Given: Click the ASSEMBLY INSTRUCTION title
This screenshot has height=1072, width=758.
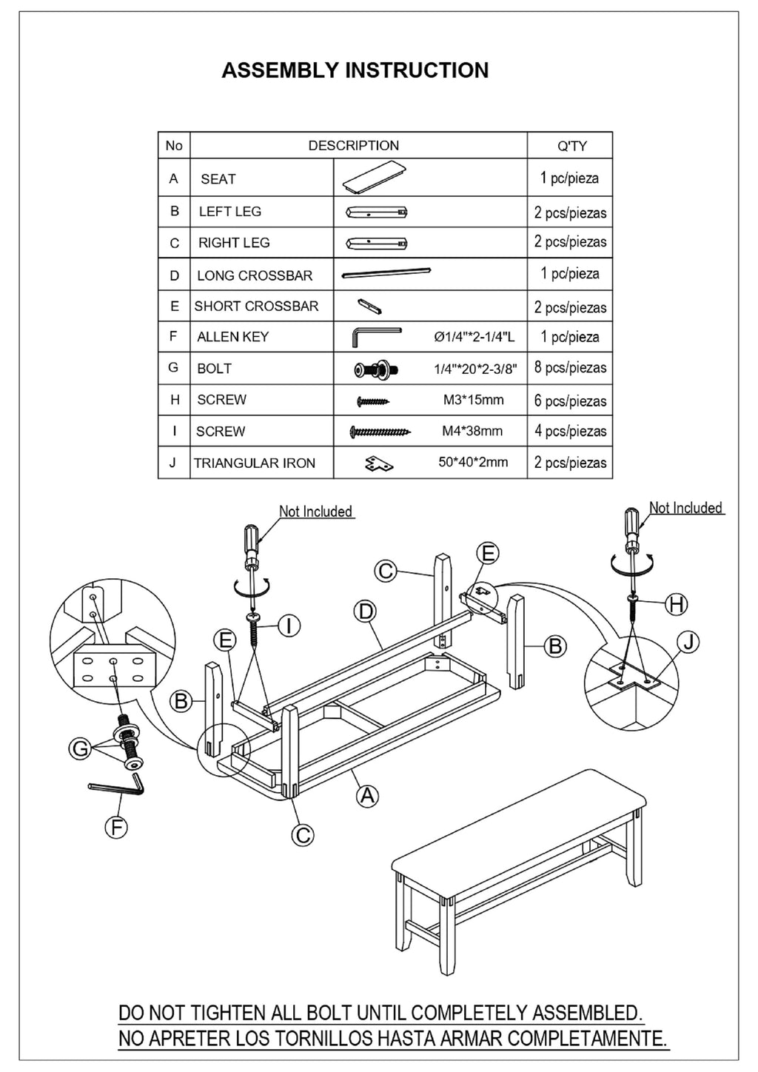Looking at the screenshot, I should [x=355, y=70].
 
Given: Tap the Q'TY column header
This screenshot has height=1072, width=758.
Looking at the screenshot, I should [x=571, y=146].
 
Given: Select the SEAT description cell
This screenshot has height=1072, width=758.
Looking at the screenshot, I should [x=218, y=179].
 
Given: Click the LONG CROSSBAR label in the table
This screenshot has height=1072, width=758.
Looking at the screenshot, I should [x=254, y=275].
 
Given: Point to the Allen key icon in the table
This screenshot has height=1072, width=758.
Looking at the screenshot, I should [x=375, y=337].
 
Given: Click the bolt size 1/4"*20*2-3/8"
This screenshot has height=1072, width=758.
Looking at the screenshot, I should [x=474, y=369].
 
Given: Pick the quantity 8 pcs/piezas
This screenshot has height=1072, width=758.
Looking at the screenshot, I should [x=570, y=368].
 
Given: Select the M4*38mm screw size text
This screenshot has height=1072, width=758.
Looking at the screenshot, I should [x=472, y=431].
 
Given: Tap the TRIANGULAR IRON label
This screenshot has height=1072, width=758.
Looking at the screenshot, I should [x=254, y=463].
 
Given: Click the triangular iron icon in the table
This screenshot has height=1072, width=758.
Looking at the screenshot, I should [x=379, y=463].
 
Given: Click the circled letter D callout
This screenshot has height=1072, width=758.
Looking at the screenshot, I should [x=366, y=612].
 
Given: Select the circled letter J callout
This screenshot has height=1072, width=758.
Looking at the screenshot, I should [x=688, y=642].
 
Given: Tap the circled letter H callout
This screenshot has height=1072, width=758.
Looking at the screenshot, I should [x=676, y=604].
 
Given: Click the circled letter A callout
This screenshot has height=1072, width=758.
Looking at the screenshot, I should [x=367, y=796].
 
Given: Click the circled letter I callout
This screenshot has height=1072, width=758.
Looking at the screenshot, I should [x=289, y=626].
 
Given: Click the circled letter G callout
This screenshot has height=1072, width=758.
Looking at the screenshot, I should [x=80, y=749].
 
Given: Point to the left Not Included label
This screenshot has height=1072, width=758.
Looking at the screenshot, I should [x=315, y=512].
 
